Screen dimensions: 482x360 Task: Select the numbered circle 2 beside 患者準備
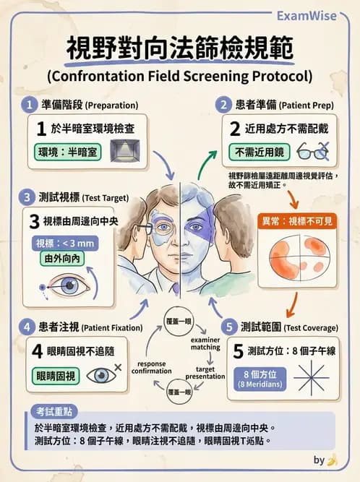[x=224, y=105]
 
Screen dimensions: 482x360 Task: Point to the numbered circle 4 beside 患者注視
[x=28, y=326]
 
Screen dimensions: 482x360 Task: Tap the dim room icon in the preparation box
[x=123, y=151]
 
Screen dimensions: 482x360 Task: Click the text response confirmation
[x=151, y=367]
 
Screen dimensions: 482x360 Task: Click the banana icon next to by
[x=333, y=460]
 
